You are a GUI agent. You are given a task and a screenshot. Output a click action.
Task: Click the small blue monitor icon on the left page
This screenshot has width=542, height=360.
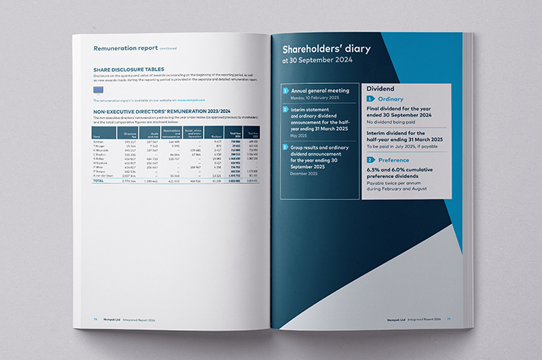[100, 89]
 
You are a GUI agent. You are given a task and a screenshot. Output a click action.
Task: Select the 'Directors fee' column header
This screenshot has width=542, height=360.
[131, 135]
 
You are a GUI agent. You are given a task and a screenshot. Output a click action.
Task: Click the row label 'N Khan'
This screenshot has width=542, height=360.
[99, 142]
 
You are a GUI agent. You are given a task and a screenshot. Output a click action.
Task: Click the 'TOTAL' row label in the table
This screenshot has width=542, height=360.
[99, 181]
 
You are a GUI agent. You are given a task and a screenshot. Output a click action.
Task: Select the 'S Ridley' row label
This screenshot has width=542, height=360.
[99, 157]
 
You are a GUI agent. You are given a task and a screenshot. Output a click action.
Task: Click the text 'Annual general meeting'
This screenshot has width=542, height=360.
[320, 91]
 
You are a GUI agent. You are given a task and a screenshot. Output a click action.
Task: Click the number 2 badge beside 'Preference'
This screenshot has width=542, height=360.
[370, 159]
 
